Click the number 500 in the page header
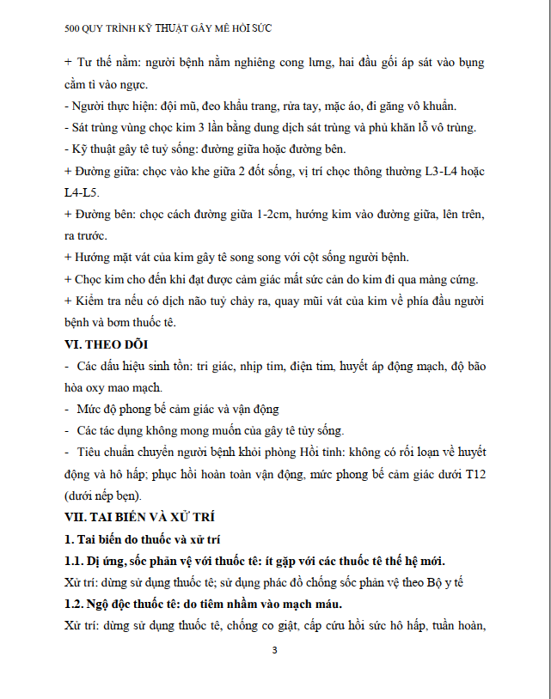(x=74, y=28)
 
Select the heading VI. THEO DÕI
(x=108, y=344)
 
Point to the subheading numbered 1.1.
(x=76, y=562)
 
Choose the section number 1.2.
(x=76, y=605)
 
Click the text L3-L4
(x=443, y=172)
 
